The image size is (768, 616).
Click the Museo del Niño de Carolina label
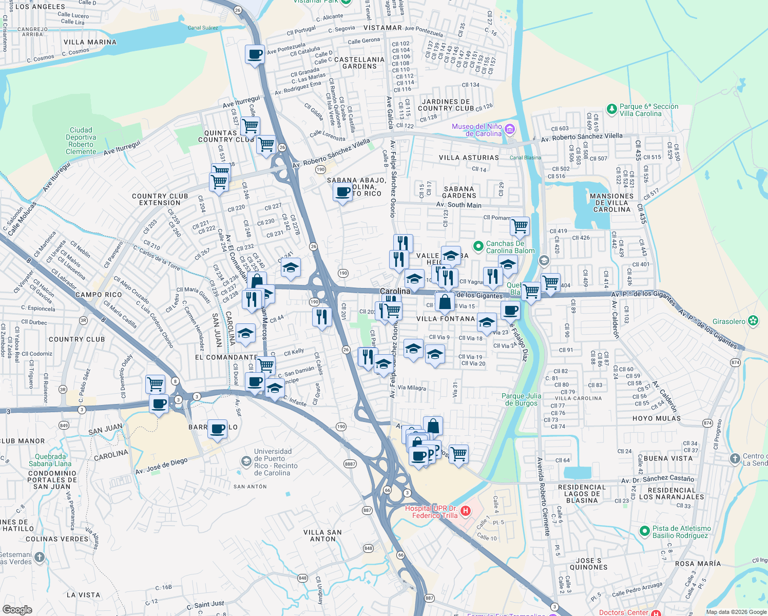(x=476, y=130)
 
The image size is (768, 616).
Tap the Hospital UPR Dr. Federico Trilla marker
(x=466, y=511)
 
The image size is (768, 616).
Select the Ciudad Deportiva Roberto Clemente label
(x=81, y=141)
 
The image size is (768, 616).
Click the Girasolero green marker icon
(x=753, y=321)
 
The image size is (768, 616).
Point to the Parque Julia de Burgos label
(x=521, y=399)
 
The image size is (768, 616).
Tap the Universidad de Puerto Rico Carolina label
(x=276, y=462)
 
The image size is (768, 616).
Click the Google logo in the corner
(x=17, y=609)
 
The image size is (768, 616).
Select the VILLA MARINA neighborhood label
(x=90, y=42)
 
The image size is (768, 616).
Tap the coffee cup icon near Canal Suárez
(x=255, y=54)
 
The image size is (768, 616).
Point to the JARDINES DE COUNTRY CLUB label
(x=446, y=105)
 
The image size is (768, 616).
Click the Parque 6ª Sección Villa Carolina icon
(x=611, y=109)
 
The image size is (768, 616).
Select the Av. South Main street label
(x=459, y=205)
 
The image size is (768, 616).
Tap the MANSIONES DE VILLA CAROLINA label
(x=611, y=203)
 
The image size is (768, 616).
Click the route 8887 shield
(x=350, y=464)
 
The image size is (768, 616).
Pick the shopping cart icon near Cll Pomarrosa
(x=520, y=225)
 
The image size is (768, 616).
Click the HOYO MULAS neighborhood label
(x=657, y=418)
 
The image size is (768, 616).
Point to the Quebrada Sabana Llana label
(x=50, y=460)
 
